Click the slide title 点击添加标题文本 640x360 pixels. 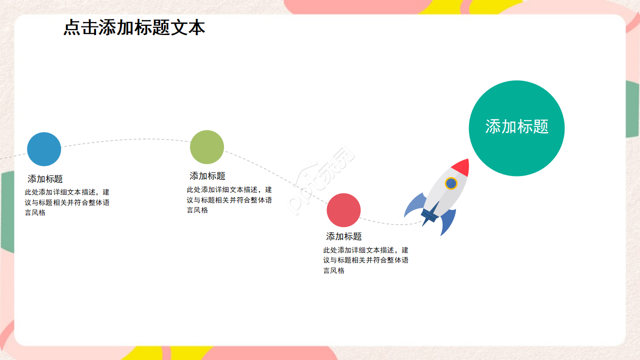134,28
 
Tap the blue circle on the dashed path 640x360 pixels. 44,149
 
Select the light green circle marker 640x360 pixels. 207,147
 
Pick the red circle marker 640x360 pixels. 343,210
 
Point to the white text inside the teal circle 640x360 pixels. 516,126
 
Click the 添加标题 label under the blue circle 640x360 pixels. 45,179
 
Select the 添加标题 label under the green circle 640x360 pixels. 207,176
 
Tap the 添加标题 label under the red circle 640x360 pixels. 344,236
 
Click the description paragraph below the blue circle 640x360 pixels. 67,202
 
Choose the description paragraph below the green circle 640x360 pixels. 229,200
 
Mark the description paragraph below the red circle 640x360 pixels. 365,260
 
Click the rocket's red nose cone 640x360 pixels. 462,166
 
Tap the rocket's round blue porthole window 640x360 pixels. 451,183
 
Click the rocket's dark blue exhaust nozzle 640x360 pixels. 428,216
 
